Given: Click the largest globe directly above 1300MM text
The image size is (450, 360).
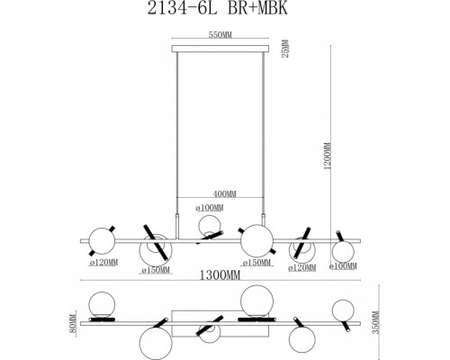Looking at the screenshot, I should tap(256, 240).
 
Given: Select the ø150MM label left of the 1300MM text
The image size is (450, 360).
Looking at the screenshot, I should tap(160, 266).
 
